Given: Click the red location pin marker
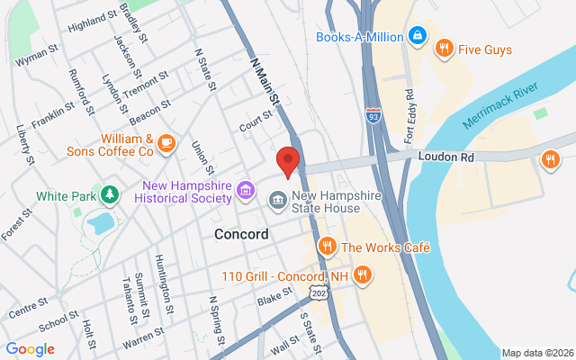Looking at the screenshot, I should [287, 161].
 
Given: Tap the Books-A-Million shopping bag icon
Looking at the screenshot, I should [417, 36].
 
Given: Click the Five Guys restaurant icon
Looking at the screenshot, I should [443, 48].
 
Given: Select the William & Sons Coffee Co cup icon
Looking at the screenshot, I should [166, 141].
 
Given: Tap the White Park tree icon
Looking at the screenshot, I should [109, 194].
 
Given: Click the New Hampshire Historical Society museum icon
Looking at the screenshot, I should [246, 191].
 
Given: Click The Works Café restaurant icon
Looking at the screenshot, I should [327, 246].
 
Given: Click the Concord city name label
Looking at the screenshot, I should [241, 234].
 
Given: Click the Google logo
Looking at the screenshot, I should [30, 349].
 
